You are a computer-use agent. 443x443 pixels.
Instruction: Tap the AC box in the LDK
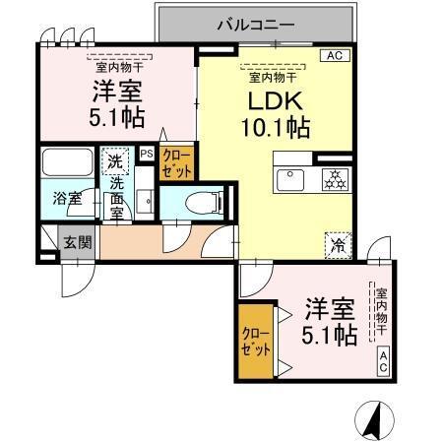tap(336, 56)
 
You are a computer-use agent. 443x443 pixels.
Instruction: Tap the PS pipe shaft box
tap(146, 154)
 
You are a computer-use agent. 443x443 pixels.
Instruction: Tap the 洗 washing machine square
tap(115, 160)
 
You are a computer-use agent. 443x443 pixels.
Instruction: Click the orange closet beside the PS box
tap(177, 161)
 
